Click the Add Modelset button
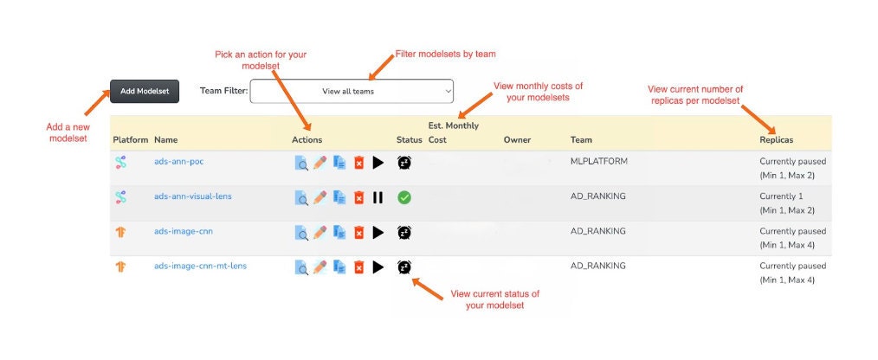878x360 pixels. tap(145, 91)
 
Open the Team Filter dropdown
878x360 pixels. tap(352, 91)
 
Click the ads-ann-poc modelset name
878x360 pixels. tap(178, 162)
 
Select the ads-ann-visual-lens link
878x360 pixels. tap(192, 196)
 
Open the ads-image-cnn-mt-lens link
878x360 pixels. tap(200, 266)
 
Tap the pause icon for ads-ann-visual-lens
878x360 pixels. tap(378, 197)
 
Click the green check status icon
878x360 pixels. tap(404, 197)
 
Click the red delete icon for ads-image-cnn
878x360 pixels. tap(359, 232)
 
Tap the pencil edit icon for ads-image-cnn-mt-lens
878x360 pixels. tap(320, 267)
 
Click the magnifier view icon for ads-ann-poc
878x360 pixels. tap(301, 163)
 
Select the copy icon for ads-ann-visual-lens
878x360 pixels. tap(339, 197)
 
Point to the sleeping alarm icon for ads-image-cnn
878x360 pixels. tap(404, 232)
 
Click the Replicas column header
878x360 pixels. tap(776, 140)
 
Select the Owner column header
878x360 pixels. tap(517, 140)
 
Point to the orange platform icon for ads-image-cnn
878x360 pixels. tap(120, 232)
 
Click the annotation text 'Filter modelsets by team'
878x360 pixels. tap(446, 55)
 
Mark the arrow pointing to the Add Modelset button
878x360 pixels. tap(98, 103)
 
